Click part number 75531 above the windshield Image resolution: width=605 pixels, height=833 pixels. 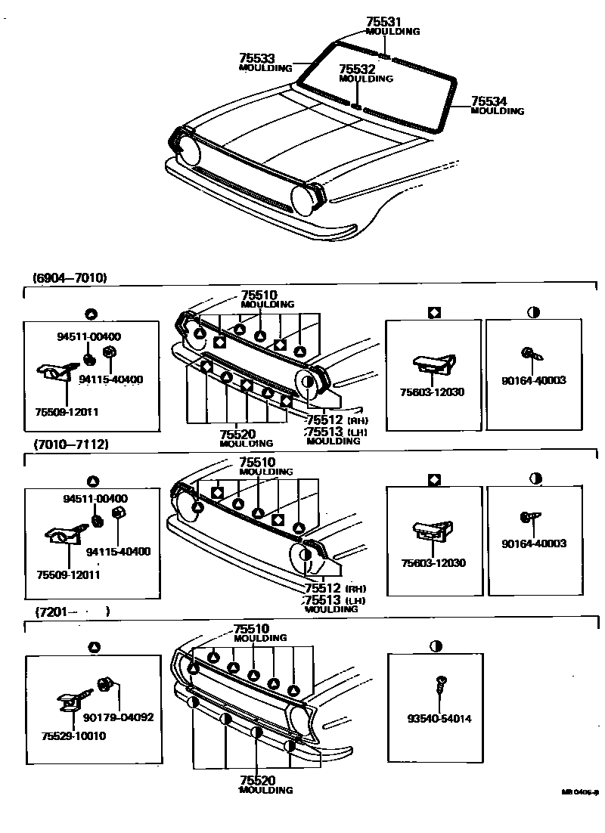click(x=385, y=23)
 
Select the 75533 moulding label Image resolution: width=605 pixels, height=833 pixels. click(x=257, y=58)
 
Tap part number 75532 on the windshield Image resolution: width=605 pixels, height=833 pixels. click(x=357, y=69)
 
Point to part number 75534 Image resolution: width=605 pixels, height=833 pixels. click(x=489, y=101)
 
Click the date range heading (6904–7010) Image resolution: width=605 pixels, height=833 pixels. click(x=70, y=278)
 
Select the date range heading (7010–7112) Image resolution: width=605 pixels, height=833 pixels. click(x=70, y=444)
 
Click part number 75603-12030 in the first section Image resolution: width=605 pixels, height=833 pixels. click(x=433, y=392)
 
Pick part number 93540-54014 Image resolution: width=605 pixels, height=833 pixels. click(x=439, y=718)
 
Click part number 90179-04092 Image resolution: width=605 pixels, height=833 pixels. click(x=118, y=717)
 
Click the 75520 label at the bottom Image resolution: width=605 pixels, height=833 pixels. click(x=257, y=780)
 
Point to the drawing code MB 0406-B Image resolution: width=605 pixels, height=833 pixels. click(x=580, y=792)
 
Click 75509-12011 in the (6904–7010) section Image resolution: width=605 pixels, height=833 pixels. click(x=67, y=412)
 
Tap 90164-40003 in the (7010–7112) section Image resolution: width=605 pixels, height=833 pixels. click(x=533, y=543)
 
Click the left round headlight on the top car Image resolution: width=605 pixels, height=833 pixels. click(x=189, y=151)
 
